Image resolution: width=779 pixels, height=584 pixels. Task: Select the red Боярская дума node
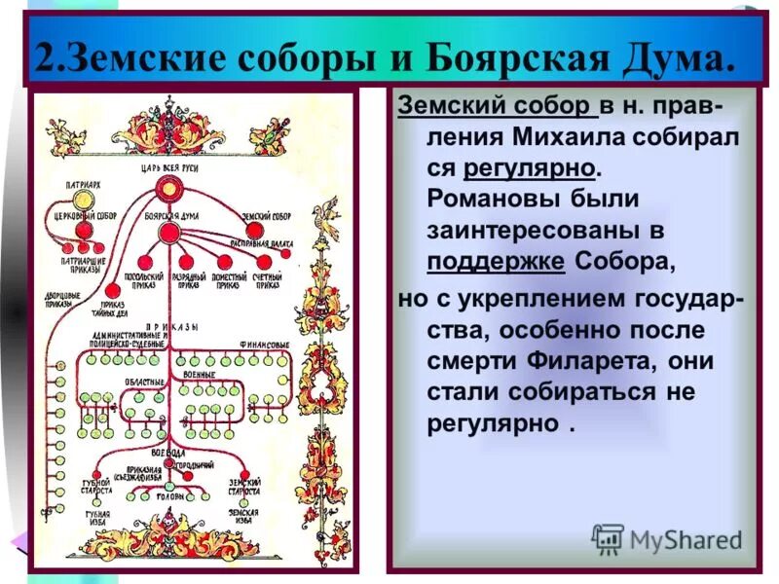point(168,233)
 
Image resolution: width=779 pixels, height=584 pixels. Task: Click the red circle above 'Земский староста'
point(243,468)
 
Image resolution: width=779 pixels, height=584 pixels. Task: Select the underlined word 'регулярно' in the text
point(530,166)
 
